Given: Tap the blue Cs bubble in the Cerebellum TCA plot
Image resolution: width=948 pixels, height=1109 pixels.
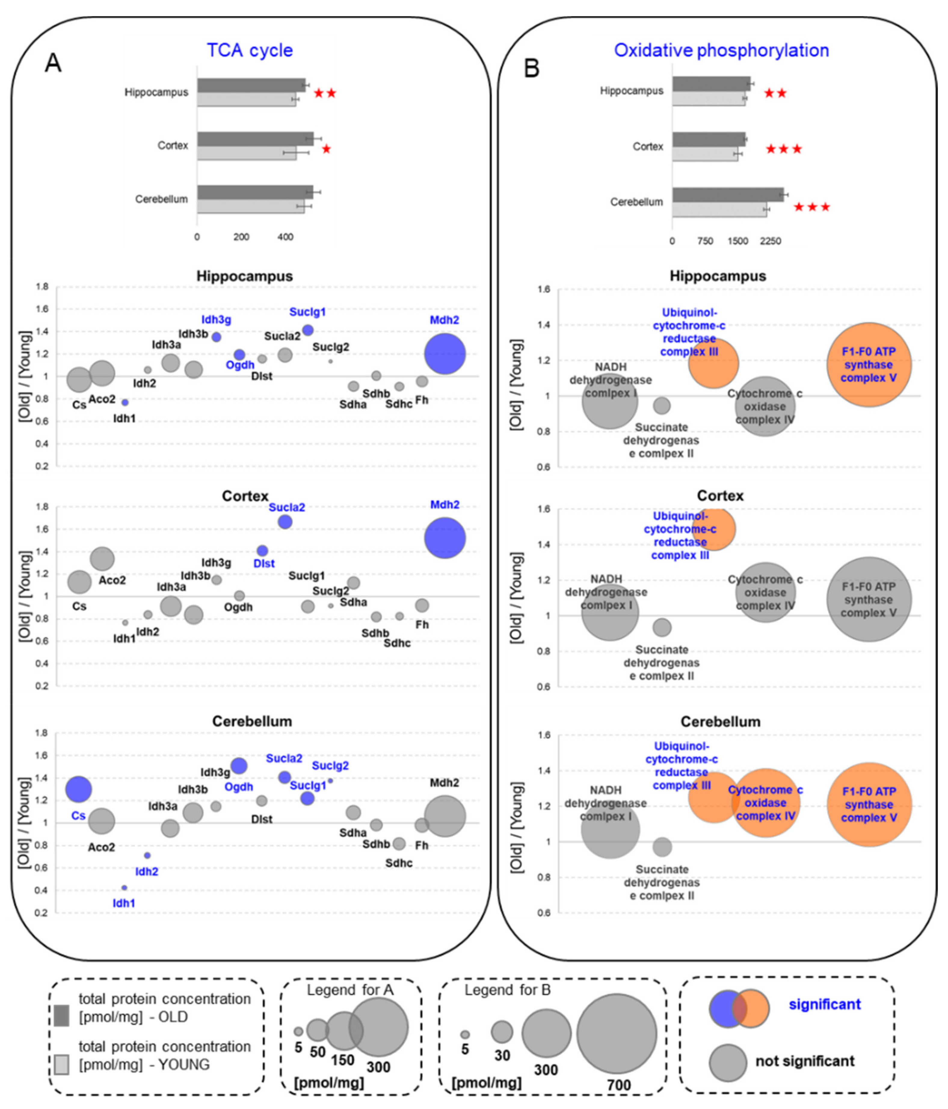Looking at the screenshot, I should [x=79, y=789].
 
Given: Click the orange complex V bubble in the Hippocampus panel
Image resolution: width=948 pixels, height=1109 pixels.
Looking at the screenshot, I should [x=869, y=364].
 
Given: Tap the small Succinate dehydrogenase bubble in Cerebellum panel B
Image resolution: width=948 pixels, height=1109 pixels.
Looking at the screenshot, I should [x=662, y=847].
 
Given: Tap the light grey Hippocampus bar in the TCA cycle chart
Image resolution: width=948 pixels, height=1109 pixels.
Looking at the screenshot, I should [x=246, y=100].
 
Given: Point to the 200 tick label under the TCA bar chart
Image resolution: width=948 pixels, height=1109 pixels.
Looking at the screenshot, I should [x=241, y=237].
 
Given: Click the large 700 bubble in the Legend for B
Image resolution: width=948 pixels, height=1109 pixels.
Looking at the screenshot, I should [x=616, y=1034].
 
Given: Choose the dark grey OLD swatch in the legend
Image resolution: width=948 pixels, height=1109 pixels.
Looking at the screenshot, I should [x=62, y=1015].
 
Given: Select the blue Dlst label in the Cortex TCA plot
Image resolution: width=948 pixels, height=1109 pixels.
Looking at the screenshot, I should [x=264, y=564].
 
